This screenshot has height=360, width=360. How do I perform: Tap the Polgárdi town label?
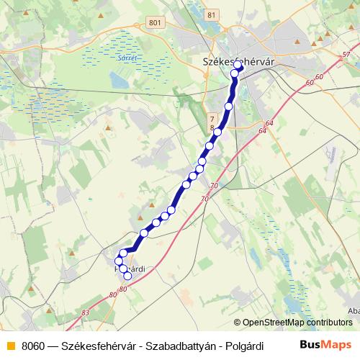click(x=130, y=269)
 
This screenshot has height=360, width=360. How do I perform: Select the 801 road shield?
click(x=153, y=23)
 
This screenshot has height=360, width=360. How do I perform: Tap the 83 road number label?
click(x=86, y=312)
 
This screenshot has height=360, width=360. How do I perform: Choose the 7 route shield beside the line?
click(x=212, y=116)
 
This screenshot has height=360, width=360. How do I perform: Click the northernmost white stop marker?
click(x=237, y=64)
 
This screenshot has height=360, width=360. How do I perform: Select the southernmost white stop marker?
click(x=128, y=276)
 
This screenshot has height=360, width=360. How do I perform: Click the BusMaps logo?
click(x=325, y=344)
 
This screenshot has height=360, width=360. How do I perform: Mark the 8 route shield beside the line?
click(x=212, y=127)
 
